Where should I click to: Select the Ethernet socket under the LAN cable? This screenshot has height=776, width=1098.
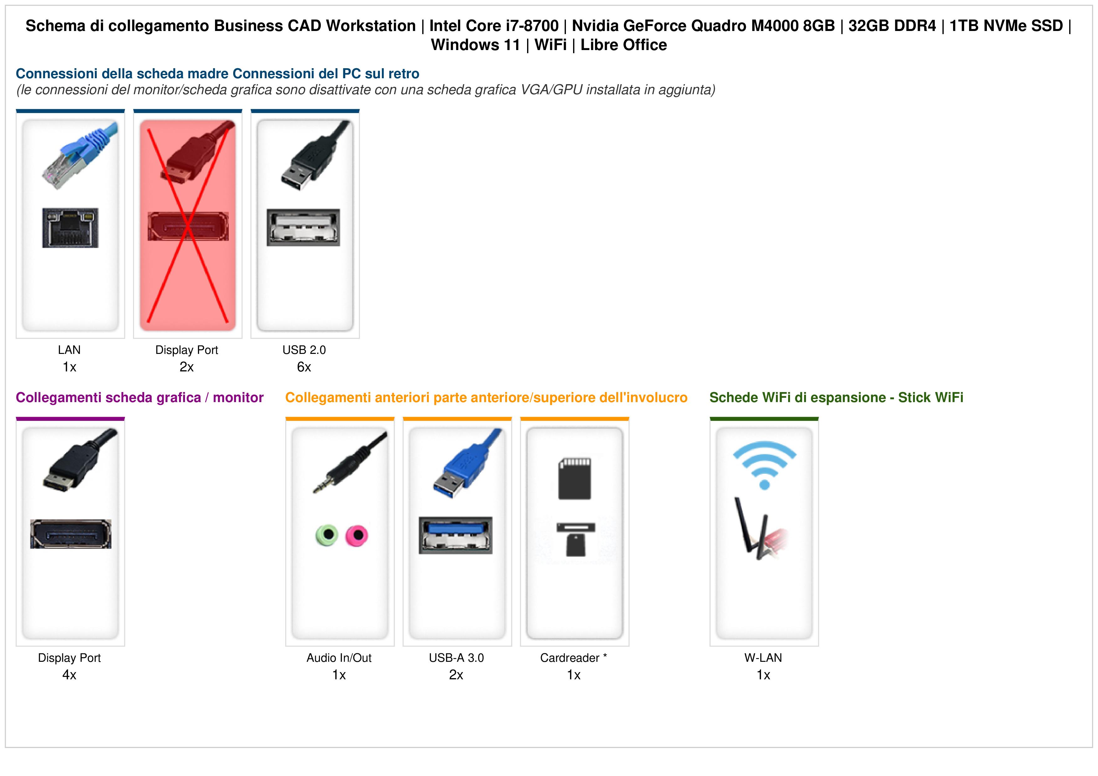[70, 227]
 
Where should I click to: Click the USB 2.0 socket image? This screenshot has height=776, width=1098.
[304, 227]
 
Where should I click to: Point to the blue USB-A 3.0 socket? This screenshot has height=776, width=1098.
[456, 535]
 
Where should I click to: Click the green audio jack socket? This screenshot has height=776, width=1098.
[327, 535]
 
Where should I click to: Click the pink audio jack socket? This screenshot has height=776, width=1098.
[357, 535]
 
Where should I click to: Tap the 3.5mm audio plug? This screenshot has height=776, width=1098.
[350, 462]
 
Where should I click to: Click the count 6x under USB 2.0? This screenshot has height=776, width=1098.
[304, 367]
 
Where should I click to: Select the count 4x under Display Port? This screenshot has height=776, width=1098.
[69, 675]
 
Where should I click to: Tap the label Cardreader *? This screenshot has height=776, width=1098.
[573, 658]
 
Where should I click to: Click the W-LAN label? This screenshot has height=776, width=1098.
[763, 658]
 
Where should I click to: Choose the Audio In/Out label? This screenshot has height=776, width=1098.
[339, 658]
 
